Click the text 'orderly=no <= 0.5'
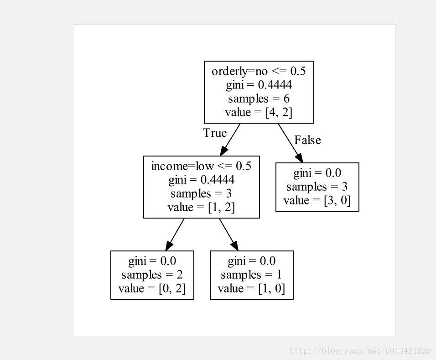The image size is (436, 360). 259,71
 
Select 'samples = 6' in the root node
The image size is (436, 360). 259,99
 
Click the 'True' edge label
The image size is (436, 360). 214,133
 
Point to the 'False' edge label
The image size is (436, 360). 307,140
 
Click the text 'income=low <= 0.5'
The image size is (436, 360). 201,166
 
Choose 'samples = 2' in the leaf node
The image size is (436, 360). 152,275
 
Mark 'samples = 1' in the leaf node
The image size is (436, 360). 251,275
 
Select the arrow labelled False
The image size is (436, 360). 290,142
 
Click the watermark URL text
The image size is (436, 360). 360,351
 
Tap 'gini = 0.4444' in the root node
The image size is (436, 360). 259,85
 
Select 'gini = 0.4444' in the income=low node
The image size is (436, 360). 201,180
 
